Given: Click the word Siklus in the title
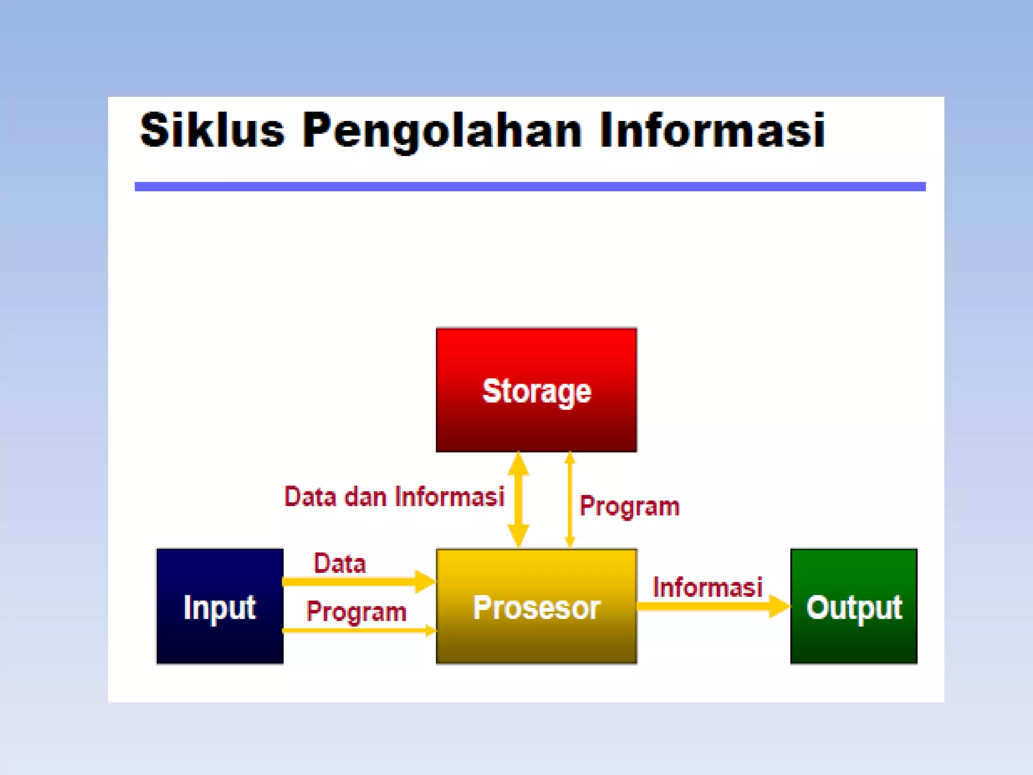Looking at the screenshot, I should (x=212, y=130).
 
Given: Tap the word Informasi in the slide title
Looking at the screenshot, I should (x=712, y=130).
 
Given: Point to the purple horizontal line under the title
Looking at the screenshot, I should (x=530, y=187).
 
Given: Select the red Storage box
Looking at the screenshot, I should (x=536, y=353).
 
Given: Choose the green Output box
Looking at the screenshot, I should (x=853, y=641).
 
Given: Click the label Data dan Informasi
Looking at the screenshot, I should (x=394, y=496).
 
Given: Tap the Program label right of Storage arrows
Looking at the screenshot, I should (x=629, y=506).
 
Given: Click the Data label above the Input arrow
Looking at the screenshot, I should (x=339, y=563).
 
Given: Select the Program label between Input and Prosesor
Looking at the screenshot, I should (x=356, y=612).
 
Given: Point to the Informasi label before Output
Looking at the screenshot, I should (x=707, y=587).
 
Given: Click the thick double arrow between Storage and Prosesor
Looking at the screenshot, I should (x=518, y=500).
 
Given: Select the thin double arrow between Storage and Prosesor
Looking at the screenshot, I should (x=570, y=500).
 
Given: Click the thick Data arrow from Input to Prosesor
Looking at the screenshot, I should (x=353, y=582).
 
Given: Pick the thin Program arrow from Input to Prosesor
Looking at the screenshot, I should (x=353, y=630).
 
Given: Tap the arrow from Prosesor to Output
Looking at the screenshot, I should (x=706, y=606).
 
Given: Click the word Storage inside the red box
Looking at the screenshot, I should (x=536, y=391).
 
